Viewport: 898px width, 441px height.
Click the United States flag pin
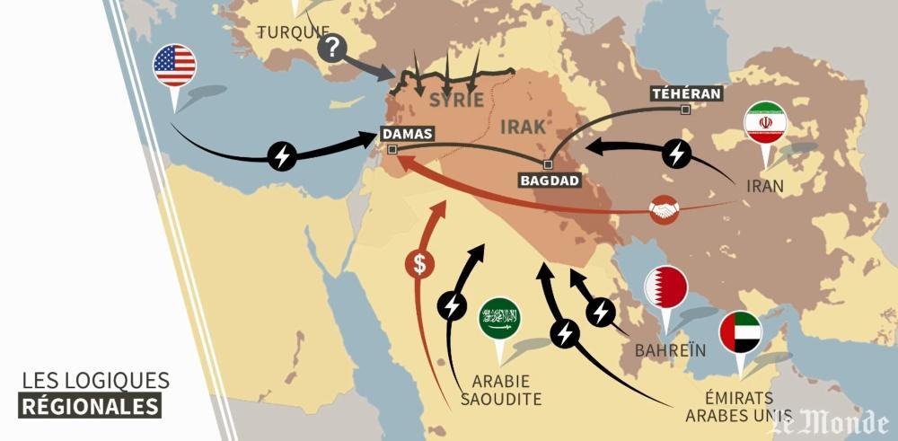(x=174, y=65)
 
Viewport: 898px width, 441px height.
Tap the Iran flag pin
(x=765, y=123)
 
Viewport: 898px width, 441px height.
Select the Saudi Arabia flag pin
(x=500, y=318)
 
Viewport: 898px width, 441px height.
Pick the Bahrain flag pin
(x=666, y=288)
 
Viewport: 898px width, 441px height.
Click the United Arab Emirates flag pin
(x=741, y=332)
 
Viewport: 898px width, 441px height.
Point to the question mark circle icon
(x=332, y=48)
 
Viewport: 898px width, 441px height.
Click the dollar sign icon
(x=418, y=263)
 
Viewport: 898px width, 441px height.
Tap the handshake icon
(x=664, y=210)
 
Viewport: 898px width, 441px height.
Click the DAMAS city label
(x=407, y=134)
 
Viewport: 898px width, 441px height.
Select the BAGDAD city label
(x=550, y=180)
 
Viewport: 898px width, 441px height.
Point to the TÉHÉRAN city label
(x=687, y=93)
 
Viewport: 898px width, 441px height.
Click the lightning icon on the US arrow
(x=283, y=155)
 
